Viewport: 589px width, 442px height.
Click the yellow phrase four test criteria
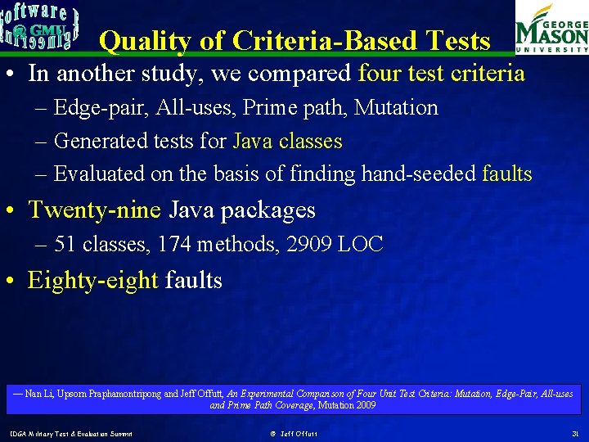[442, 74]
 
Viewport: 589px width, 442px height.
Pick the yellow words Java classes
[287, 141]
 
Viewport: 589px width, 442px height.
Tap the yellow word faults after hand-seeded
[507, 174]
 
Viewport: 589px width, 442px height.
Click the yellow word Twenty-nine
[94, 210]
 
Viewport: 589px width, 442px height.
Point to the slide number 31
[574, 433]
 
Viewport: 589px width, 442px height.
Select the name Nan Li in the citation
[38, 394]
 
